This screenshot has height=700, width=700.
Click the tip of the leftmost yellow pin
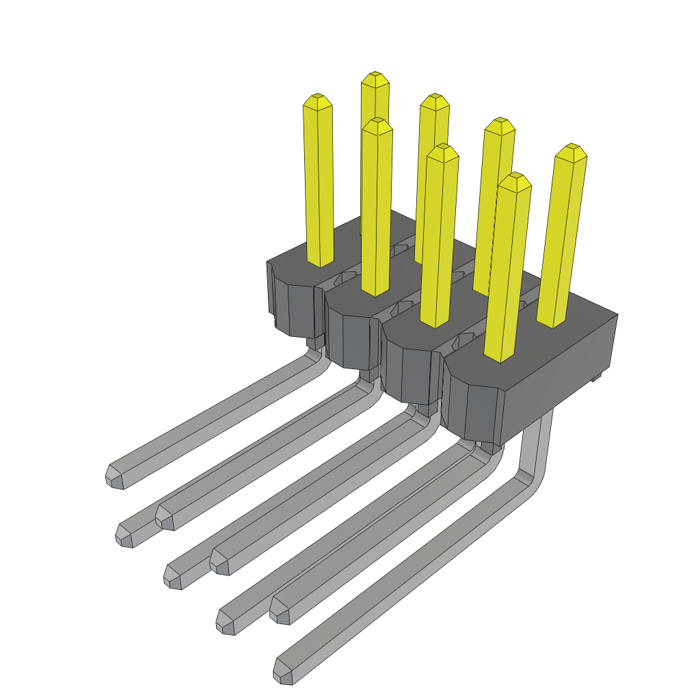point(318,101)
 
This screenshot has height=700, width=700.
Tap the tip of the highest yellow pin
point(375,78)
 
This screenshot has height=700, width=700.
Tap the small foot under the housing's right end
point(596,377)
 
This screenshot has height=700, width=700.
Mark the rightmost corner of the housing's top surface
point(617,315)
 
